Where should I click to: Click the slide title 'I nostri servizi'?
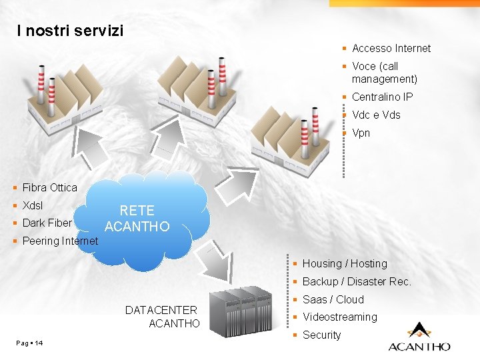[x=71, y=31]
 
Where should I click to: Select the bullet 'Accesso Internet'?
[x=391, y=48]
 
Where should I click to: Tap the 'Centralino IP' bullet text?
[x=382, y=97]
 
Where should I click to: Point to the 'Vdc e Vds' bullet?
[x=376, y=115]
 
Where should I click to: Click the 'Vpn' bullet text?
[x=361, y=133]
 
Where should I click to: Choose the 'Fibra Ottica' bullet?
[x=49, y=187]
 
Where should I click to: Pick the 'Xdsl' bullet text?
[x=33, y=205]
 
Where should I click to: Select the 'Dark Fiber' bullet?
[x=47, y=223]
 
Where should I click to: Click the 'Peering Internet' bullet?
[x=60, y=241]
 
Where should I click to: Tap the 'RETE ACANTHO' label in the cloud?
[x=137, y=219]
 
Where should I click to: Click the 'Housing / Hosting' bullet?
[x=345, y=263]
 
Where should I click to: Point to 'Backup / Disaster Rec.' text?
[x=357, y=281]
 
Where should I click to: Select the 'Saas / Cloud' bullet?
[x=333, y=299]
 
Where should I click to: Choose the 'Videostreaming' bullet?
[x=339, y=317]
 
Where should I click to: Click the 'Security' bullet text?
[x=321, y=335]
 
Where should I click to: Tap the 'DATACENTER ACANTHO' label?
[x=162, y=317]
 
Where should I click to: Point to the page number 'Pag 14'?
[x=29, y=343]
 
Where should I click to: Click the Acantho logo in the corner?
[x=419, y=337]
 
